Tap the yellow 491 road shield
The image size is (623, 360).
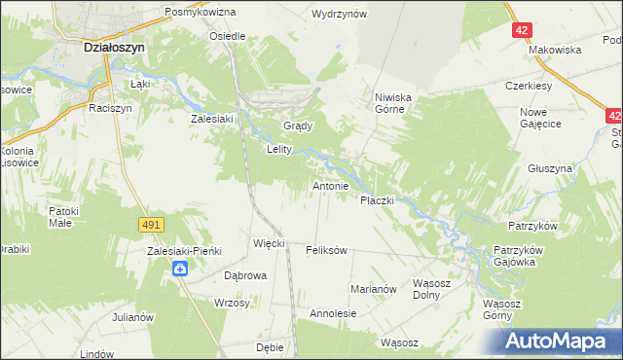(x=150, y=225)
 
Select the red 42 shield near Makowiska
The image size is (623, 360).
(x=523, y=30)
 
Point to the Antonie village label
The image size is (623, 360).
(x=330, y=185)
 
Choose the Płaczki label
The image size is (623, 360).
(x=377, y=200)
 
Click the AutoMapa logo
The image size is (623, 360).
(x=559, y=341)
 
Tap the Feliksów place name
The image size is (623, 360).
(x=326, y=250)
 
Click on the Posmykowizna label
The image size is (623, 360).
(x=201, y=12)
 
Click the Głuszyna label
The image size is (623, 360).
(x=550, y=168)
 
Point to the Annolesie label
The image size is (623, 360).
(x=333, y=314)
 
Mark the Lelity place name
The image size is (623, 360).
(x=279, y=150)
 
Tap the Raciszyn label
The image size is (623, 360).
(x=109, y=108)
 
